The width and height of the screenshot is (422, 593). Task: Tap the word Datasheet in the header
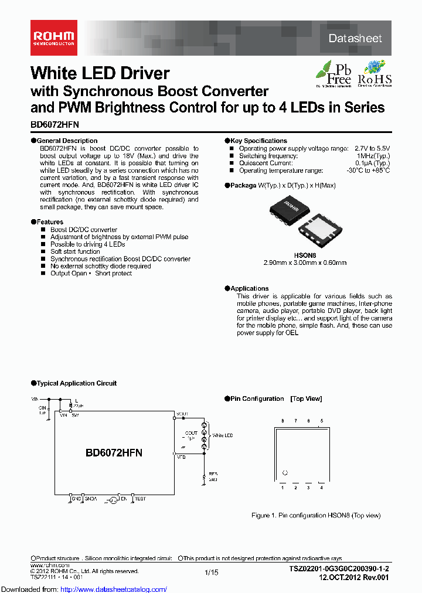pos(355,38)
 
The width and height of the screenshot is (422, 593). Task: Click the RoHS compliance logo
pos(375,73)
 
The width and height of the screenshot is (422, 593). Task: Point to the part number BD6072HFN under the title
pos(55,125)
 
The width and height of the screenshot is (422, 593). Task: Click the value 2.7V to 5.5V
pos(372,149)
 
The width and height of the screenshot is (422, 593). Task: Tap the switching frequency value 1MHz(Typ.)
pos(373,156)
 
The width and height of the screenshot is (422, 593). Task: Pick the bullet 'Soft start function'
pos(75,251)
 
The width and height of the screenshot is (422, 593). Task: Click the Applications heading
pos(249,288)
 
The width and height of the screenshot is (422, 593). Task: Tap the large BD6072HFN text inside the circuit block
pos(114,453)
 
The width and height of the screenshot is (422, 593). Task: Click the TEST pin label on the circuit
pos(140,499)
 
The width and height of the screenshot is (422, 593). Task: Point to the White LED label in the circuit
pos(222,435)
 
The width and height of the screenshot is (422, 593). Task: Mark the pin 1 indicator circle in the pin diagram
pos(285,472)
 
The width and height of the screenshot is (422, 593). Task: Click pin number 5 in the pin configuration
pos(321,421)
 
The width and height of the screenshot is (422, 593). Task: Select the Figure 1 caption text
pos(316,516)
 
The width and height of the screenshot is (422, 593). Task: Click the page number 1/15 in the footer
pos(211,572)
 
